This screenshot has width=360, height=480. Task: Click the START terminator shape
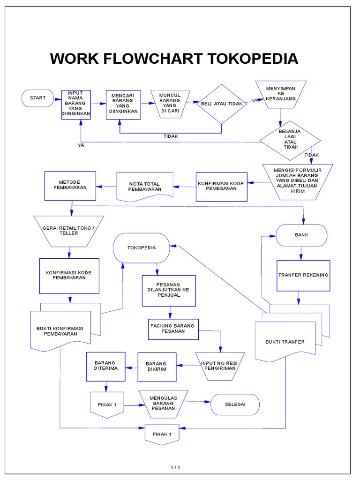tap(37, 98)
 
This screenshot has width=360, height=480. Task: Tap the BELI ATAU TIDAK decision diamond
tap(221, 104)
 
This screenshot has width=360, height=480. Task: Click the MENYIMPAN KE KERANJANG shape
tap(280, 94)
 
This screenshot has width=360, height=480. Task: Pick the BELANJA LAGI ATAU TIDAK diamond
tap(291, 139)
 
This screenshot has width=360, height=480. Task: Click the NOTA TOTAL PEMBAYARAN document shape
tap(144, 186)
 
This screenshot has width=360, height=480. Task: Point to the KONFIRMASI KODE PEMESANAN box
tap(221, 187)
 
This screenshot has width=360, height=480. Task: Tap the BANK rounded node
tap(301, 235)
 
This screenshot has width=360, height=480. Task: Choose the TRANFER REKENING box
tap(303, 275)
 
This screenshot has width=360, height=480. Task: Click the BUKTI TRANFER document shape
tap(285, 341)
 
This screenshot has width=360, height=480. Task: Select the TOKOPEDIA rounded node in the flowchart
tap(141, 247)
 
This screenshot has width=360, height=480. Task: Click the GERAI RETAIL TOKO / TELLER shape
tap(69, 231)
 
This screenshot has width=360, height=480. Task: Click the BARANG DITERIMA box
tap(105, 366)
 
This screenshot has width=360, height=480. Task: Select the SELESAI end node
tap(235, 404)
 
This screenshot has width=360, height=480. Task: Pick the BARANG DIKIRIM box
tap(157, 366)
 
